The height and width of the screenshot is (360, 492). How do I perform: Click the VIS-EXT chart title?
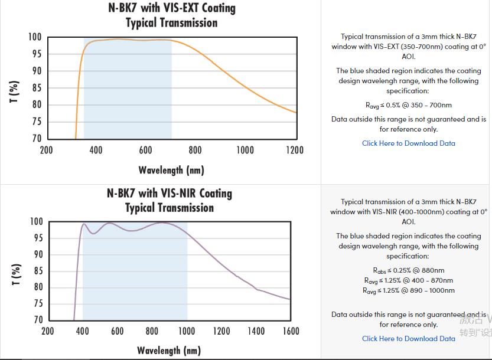click(x=171, y=15)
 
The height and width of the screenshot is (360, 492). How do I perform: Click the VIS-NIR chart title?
click(x=170, y=200)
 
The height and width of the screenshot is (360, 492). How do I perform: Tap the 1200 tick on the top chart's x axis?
click(x=295, y=150)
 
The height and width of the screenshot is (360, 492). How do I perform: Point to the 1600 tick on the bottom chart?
click(x=291, y=331)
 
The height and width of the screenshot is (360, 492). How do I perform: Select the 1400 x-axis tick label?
click(x=256, y=331)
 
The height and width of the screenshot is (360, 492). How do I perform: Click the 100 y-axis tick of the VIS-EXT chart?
click(x=35, y=37)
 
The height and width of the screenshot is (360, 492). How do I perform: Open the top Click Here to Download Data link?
click(x=408, y=143)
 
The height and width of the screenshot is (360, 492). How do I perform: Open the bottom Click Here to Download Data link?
click(x=408, y=338)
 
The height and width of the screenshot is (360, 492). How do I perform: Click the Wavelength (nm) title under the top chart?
click(x=171, y=170)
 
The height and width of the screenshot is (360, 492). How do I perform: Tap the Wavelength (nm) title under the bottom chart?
click(x=169, y=350)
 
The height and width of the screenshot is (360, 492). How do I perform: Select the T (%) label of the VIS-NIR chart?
click(x=16, y=274)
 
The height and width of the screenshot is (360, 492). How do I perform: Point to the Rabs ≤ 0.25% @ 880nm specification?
click(x=408, y=270)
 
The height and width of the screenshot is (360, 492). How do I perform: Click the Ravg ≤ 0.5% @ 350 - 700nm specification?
click(x=408, y=105)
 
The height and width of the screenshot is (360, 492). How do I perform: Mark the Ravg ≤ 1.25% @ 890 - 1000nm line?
click(x=408, y=290)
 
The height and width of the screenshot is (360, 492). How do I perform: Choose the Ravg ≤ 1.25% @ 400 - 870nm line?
click(x=408, y=280)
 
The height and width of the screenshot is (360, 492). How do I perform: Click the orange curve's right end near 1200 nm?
click(x=295, y=112)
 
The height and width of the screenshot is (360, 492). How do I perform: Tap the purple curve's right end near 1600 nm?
click(x=289, y=299)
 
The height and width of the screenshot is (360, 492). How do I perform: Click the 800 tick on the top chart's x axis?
click(x=195, y=150)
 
